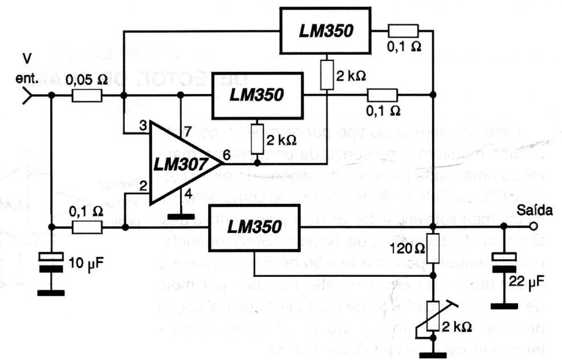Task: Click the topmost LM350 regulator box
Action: coord(326,30)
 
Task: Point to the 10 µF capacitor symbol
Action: coord(51,263)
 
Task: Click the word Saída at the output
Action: coord(536,211)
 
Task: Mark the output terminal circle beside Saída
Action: coord(533,226)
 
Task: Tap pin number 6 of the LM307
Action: coord(227,153)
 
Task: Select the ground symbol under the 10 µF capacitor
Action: coord(51,293)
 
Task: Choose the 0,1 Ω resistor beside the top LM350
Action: coord(404,31)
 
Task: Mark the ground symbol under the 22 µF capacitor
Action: coord(503,306)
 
